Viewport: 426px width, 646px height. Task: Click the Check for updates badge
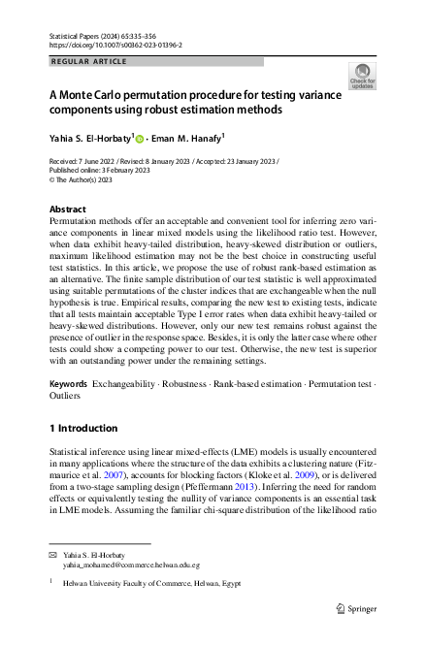point(361,78)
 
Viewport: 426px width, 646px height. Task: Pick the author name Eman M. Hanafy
point(191,139)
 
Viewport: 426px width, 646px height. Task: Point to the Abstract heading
point(67,209)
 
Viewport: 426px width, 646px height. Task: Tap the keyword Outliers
point(67,397)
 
